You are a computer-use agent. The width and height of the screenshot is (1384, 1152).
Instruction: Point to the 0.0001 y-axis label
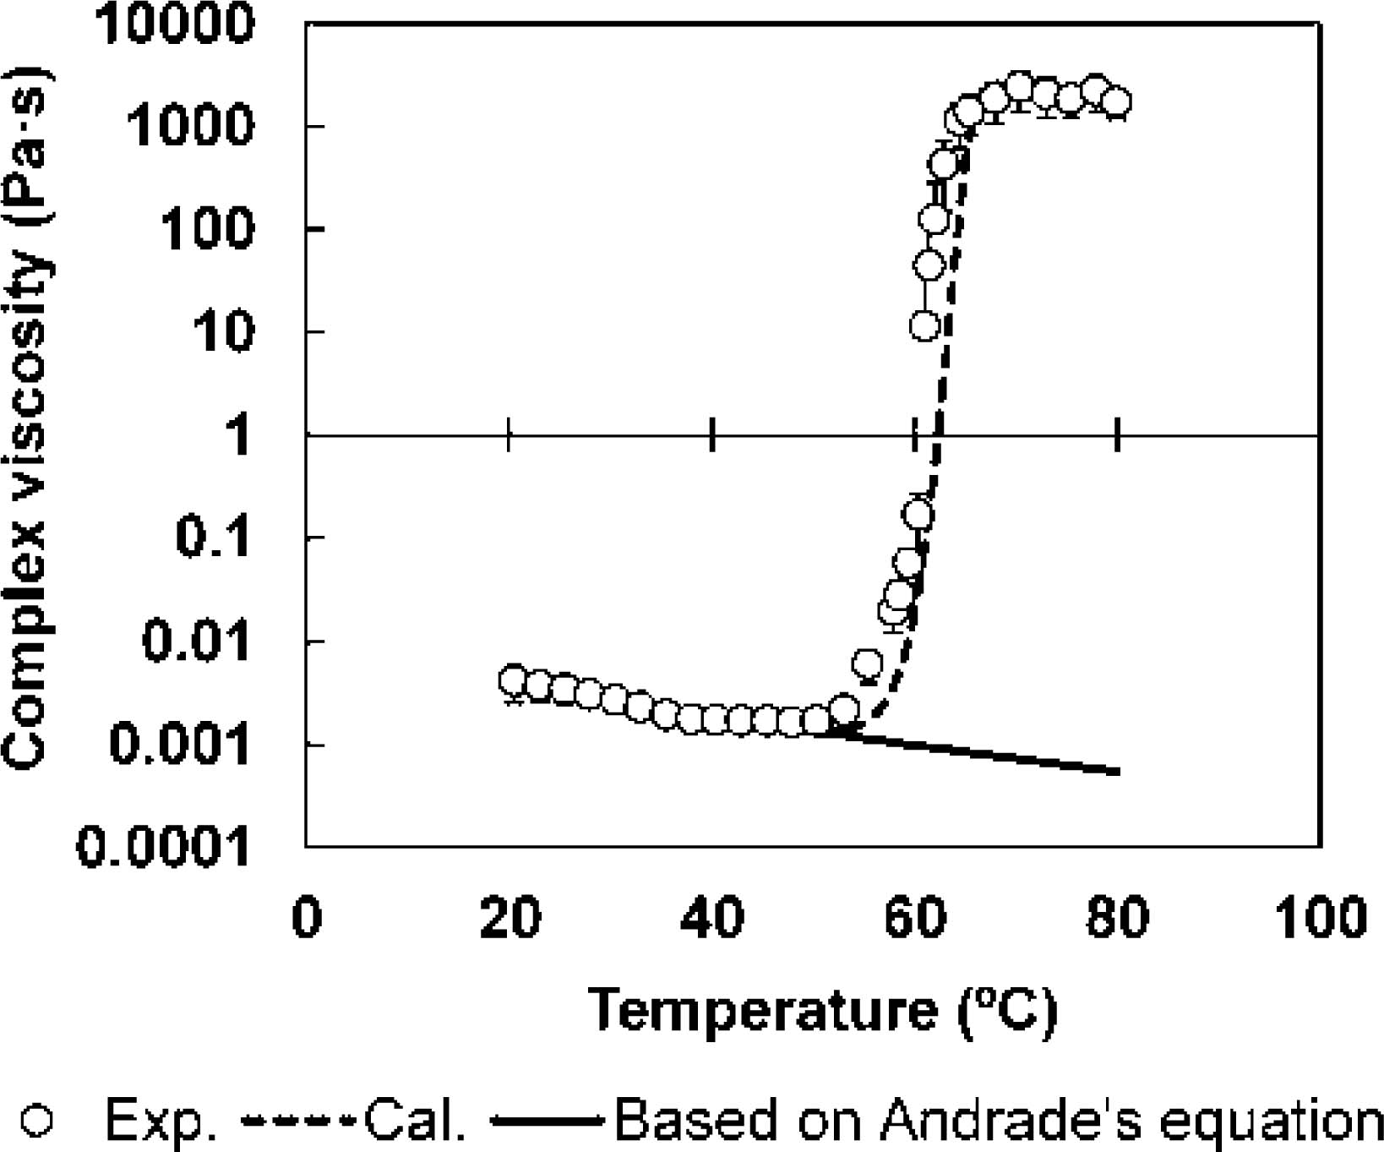click(164, 845)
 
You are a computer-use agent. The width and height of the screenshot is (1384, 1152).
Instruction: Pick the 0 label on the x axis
click(307, 916)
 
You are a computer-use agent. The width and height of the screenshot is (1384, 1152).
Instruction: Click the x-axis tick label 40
click(712, 916)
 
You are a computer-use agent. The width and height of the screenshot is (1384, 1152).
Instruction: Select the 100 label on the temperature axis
click(1320, 916)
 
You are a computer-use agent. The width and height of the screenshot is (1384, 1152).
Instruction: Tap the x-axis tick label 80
click(1118, 916)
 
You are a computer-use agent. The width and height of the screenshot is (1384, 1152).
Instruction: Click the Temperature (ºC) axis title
click(822, 1010)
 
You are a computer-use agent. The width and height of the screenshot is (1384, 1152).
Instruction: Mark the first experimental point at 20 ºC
click(513, 680)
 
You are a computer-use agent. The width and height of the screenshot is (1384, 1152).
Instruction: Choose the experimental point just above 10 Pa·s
click(925, 325)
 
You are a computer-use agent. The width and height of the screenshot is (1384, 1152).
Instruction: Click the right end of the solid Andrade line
click(1118, 772)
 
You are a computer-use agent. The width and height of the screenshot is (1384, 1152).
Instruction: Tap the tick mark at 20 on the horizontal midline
click(509, 435)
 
